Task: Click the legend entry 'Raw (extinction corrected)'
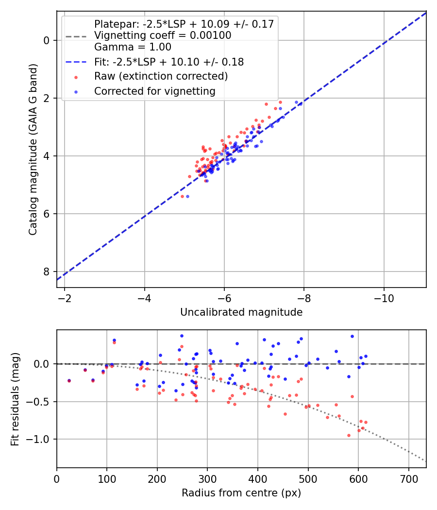click(161, 76)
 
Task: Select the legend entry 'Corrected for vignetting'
click(154, 91)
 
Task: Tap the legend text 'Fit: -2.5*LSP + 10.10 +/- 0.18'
click(168, 62)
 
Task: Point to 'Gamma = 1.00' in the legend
click(133, 47)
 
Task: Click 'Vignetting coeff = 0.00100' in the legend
click(162, 35)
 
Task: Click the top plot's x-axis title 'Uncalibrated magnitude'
click(241, 312)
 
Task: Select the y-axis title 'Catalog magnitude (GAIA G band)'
click(33, 158)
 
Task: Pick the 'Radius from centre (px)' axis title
click(241, 493)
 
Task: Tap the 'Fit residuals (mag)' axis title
click(15, 399)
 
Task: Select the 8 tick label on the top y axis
click(47, 272)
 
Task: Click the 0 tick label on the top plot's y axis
click(47, 40)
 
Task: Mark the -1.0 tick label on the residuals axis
click(40, 439)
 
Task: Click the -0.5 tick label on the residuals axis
click(40, 402)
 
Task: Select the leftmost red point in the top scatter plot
click(183, 196)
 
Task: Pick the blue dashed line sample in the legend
click(76, 62)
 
